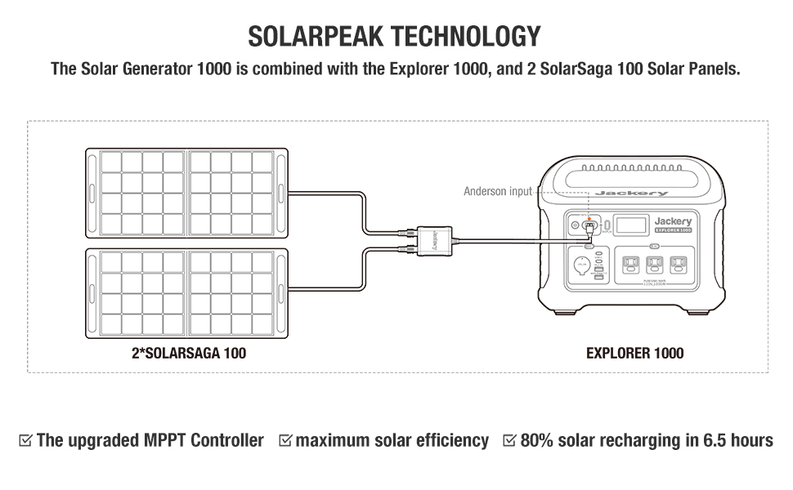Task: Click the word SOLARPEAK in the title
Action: [x=314, y=37]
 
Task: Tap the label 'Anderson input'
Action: [x=497, y=191]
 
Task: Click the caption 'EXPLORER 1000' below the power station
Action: [x=635, y=354]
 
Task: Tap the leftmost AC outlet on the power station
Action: [x=631, y=265]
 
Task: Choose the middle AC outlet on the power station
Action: [x=654, y=265]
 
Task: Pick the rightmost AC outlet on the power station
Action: [x=677, y=265]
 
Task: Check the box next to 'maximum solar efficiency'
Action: [x=285, y=441]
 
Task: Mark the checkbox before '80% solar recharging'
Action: [x=509, y=441]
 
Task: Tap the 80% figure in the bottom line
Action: [x=536, y=441]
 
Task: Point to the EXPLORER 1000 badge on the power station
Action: [x=672, y=231]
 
